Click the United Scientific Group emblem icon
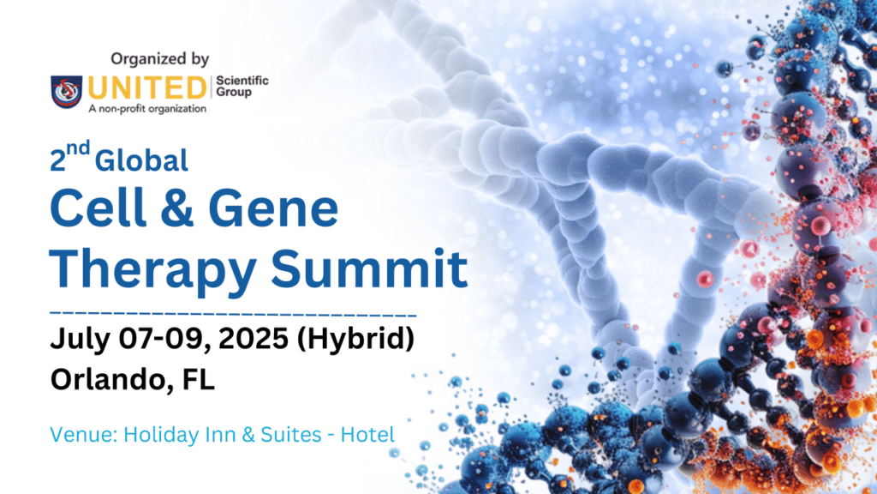(x=67, y=90)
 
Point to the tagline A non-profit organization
(x=136, y=109)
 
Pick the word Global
(x=142, y=159)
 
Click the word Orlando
(x=105, y=379)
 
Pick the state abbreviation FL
(x=196, y=379)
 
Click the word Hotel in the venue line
(x=367, y=435)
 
